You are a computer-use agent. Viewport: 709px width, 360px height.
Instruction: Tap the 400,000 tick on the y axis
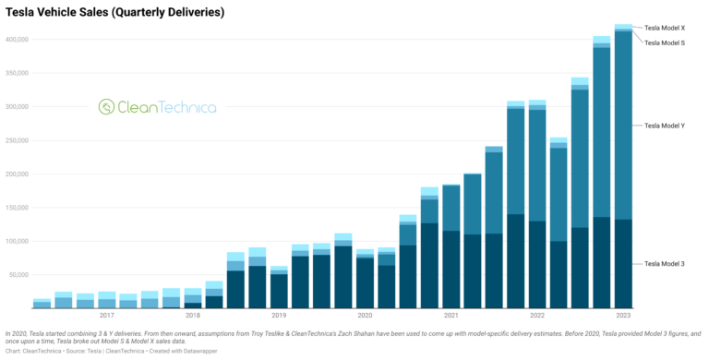[16, 40]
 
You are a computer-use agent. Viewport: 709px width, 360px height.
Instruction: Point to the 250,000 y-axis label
[16, 140]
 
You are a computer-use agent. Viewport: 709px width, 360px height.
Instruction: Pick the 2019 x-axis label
[278, 315]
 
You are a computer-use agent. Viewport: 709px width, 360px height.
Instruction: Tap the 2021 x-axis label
[451, 315]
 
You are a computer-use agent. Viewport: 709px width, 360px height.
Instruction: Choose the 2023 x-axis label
[624, 315]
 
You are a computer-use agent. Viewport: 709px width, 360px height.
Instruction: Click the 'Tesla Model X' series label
[664, 29]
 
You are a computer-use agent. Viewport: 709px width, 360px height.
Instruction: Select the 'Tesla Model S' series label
[664, 42]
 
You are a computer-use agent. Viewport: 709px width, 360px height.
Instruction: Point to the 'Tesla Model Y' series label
[664, 125]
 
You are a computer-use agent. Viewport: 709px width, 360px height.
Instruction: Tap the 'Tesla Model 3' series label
[664, 264]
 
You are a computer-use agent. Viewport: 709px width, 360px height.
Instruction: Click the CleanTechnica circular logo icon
[106, 107]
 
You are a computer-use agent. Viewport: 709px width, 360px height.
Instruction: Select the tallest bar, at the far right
[623, 166]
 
